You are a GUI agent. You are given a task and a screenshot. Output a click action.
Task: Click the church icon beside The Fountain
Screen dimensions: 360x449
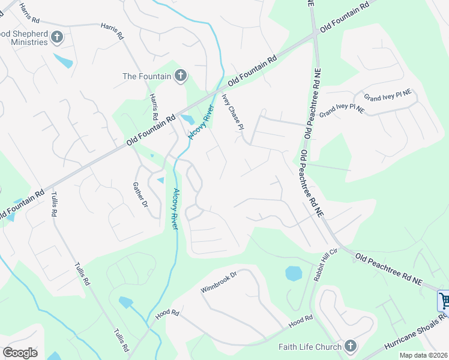tap(180, 76)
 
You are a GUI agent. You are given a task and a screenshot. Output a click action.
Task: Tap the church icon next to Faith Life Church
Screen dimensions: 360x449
tap(351, 346)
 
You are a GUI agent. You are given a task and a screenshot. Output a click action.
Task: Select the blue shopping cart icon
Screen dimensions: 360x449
tap(444, 300)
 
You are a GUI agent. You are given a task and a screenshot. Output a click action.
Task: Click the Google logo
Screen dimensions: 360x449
tap(20, 352)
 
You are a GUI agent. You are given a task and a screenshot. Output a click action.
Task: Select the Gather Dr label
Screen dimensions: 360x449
tap(140, 195)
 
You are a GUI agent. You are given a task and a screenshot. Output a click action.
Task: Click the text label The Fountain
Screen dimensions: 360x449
tap(147, 76)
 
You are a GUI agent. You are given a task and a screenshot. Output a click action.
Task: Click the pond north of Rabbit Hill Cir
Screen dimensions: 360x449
tap(294, 274)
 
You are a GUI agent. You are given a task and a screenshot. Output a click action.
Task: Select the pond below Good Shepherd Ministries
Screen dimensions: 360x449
tap(64, 61)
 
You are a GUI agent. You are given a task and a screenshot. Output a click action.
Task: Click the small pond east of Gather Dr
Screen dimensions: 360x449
tap(160, 179)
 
